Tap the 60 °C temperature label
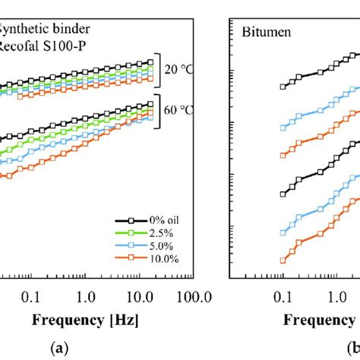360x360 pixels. (181, 112)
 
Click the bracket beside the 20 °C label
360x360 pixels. (159, 71)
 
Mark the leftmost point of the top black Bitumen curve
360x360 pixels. (283, 87)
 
